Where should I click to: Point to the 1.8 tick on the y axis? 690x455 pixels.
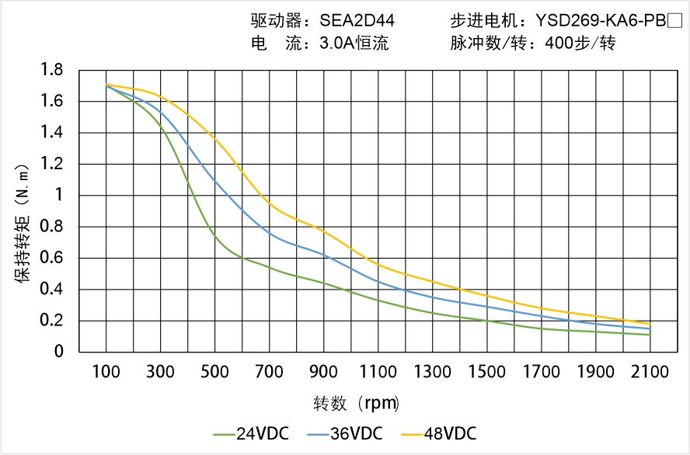click(x=52, y=70)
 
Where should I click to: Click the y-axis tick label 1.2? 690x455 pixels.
click(x=52, y=164)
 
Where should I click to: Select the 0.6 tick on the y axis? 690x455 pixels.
click(x=52, y=258)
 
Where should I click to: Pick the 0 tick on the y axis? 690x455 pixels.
click(x=58, y=352)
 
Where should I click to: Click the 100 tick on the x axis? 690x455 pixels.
click(x=106, y=372)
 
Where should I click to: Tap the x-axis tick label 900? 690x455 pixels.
click(x=323, y=372)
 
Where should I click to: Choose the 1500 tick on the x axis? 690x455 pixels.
click(x=486, y=372)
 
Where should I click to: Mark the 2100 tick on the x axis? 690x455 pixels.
click(x=650, y=372)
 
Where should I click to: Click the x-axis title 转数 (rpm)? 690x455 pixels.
click(x=357, y=403)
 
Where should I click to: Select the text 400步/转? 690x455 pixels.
click(x=580, y=43)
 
